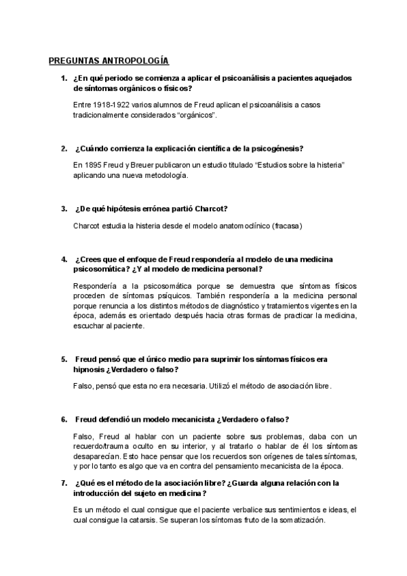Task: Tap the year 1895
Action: tap(90, 166)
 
